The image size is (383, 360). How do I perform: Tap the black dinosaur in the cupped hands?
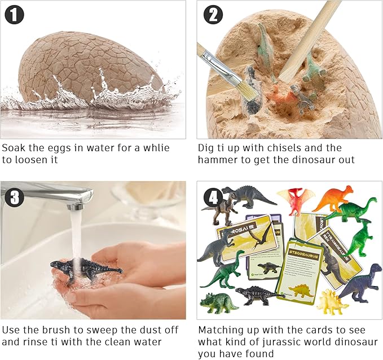coord(85,269)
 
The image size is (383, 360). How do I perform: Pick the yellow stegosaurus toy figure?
coord(332,302)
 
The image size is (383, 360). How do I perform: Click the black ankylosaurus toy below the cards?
coord(256,295)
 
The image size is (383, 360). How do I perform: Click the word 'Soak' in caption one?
coord(14,148)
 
